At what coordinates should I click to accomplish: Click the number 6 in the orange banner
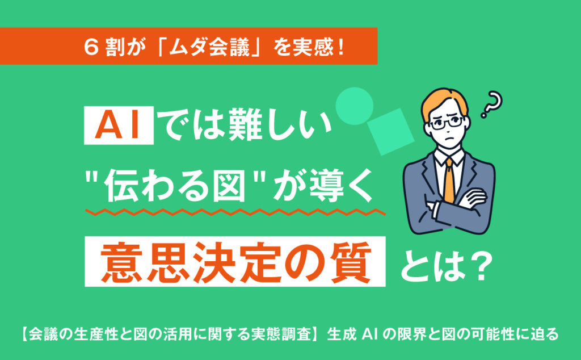pos(91,47)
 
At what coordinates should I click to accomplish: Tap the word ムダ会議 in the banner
pos(209,47)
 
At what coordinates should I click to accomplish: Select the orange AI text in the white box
pos(118,125)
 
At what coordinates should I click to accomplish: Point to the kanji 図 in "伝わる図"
pos(229,185)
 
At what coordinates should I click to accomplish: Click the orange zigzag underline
pos(235,212)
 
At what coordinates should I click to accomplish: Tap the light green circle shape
pos(354,106)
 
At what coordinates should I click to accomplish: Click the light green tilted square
pos(391,132)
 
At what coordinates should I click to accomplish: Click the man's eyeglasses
pos(446,123)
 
